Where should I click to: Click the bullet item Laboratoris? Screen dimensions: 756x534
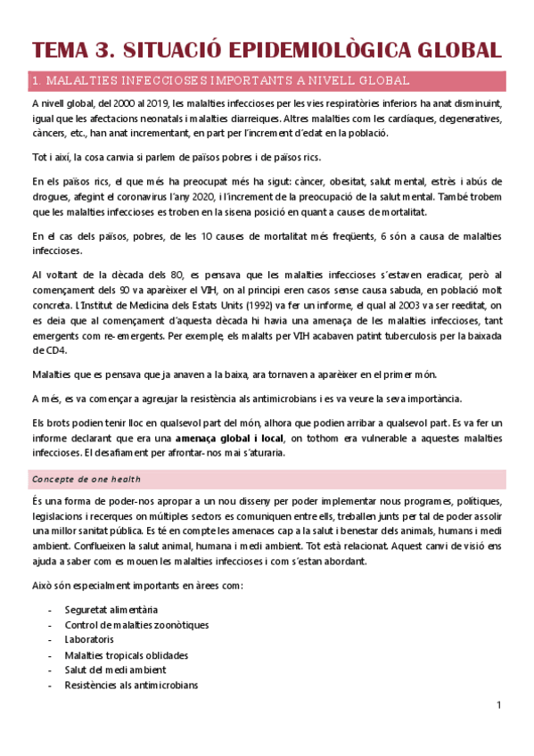click(x=89, y=639)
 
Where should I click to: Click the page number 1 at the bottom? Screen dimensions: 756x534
click(x=500, y=706)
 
